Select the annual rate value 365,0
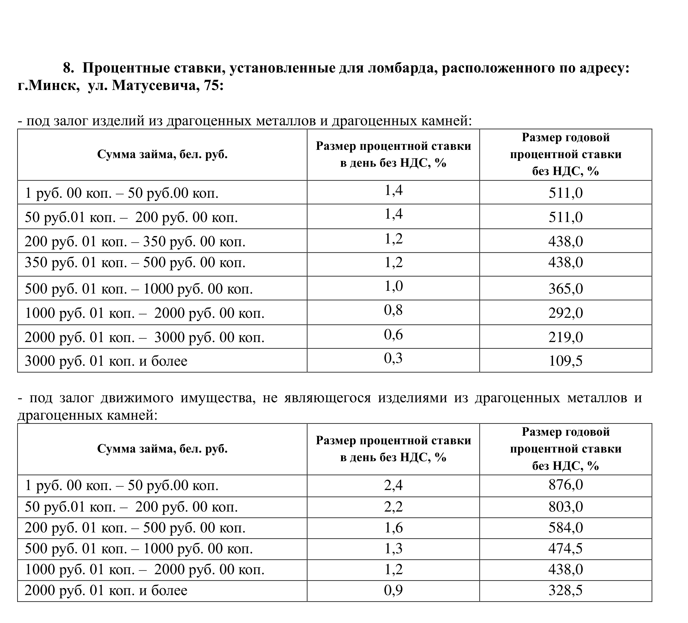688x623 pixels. (566, 289)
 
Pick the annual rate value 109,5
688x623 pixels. (566, 361)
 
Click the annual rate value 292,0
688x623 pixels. (566, 313)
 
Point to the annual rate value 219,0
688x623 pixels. (566, 337)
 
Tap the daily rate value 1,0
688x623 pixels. (393, 286)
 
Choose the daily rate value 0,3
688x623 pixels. (393, 358)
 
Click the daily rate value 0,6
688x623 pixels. (393, 334)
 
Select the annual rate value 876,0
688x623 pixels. (566, 485)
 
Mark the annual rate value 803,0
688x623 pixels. (566, 507)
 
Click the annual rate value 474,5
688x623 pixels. (566, 548)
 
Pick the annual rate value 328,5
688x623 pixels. (566, 590)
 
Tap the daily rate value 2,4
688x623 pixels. (393, 485)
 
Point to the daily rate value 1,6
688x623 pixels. (393, 528)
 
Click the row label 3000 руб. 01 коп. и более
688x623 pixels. (106, 361)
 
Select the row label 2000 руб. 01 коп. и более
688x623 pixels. (106, 590)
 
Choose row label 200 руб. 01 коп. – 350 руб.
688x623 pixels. (135, 242)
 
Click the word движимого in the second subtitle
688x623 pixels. (137, 398)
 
